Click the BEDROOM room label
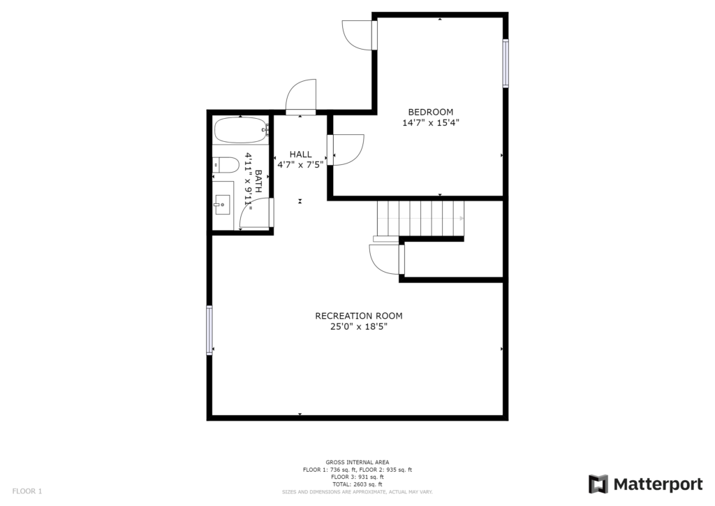tap(430, 112)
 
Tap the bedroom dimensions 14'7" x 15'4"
tap(430, 123)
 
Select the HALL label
tap(300, 154)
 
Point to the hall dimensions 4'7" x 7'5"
tap(300, 165)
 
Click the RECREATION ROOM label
tap(359, 316)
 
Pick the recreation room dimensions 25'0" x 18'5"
tap(359, 326)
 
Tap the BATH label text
tap(258, 181)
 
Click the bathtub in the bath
tap(241, 131)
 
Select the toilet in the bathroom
tap(226, 165)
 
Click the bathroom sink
tap(223, 205)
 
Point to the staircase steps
tap(420, 219)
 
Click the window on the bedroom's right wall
tap(506, 64)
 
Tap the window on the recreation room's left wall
tap(209, 331)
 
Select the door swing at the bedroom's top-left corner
tap(358, 35)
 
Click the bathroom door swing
tap(255, 212)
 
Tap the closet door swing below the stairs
tap(385, 259)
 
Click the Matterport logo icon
tap(598, 484)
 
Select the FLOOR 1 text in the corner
tap(27, 491)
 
